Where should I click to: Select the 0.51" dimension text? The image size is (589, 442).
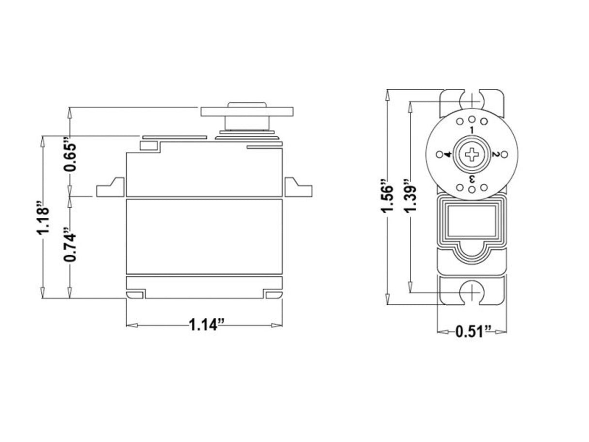click(x=473, y=332)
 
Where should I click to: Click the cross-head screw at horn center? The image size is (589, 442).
click(x=472, y=155)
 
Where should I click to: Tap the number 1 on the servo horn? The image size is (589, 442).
click(x=472, y=131)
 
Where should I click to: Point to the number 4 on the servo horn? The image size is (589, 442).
click(x=448, y=155)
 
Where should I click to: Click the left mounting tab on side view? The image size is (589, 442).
click(x=111, y=188)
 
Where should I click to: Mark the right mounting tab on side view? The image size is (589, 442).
click(x=297, y=188)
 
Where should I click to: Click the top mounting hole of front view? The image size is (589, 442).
click(x=472, y=100)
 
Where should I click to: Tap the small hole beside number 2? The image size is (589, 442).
click(x=504, y=154)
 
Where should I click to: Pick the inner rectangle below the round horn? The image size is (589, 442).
click(x=472, y=220)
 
